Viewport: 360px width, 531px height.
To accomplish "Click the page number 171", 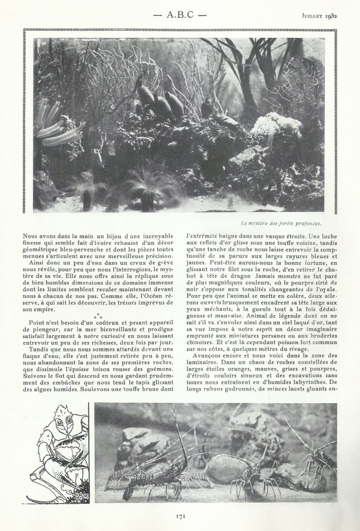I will tap(180, 516).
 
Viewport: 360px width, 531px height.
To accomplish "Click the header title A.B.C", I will tap(180, 15).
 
